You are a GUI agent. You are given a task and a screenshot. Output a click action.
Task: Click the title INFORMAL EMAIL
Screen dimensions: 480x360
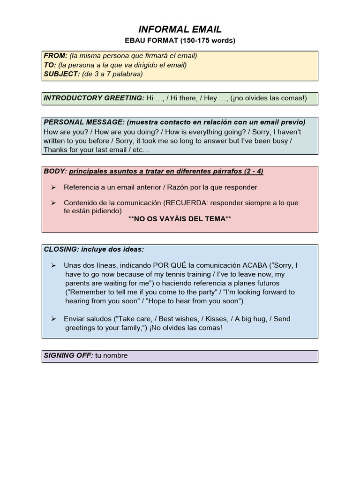(180, 30)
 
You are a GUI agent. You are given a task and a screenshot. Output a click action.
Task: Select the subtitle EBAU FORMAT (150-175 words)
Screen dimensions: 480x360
(180, 41)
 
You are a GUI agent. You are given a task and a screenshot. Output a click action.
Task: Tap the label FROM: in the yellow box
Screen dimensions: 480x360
(56, 56)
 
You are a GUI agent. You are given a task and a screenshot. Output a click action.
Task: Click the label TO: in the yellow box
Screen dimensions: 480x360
(50, 65)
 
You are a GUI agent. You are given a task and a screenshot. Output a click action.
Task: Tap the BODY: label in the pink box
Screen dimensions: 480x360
(55, 172)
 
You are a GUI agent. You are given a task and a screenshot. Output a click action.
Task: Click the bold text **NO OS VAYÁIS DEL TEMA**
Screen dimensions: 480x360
(180, 219)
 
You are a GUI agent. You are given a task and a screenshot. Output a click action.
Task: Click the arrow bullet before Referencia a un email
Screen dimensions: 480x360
(53, 187)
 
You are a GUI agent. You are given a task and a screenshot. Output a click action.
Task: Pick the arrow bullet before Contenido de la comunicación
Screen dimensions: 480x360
(53, 203)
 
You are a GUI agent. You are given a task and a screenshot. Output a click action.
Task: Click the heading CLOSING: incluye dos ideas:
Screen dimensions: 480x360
(94, 249)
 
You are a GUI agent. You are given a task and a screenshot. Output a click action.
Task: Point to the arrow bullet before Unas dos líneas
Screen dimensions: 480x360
(53, 265)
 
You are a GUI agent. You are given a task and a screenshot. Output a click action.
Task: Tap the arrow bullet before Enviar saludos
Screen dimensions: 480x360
(53, 319)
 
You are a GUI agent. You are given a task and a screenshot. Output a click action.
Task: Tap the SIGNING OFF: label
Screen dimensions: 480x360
(68, 356)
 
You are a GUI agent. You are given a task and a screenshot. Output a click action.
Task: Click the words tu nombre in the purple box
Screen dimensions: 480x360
(112, 356)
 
